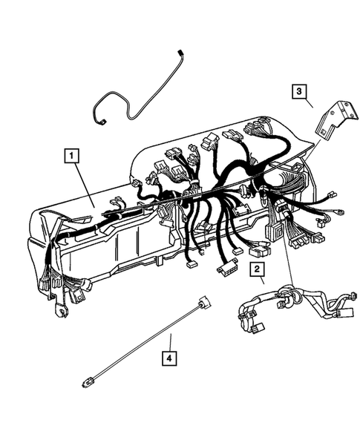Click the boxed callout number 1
[71, 156]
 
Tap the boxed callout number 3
[298, 92]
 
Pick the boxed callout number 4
[171, 360]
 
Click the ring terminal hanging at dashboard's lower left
[57, 312]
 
